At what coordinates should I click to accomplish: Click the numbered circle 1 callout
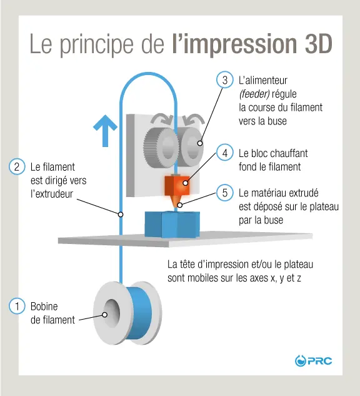[x=17, y=307]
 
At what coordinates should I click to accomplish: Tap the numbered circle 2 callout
[x=17, y=167]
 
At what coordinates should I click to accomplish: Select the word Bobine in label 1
[x=44, y=307]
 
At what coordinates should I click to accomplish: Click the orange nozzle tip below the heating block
[x=179, y=203]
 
